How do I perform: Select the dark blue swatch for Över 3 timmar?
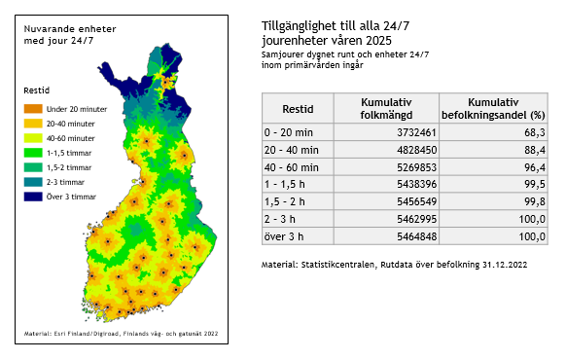[x=32, y=198]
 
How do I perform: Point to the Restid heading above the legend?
[x=36, y=90]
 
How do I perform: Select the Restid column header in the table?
[x=297, y=108]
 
